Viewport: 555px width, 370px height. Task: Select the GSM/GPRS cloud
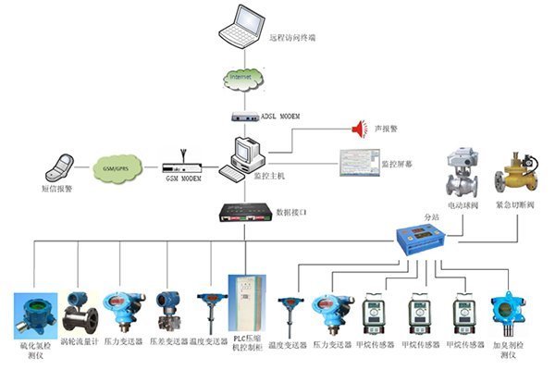(117, 170)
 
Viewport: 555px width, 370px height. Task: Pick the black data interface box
(241, 211)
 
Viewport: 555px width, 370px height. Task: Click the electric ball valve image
(460, 170)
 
